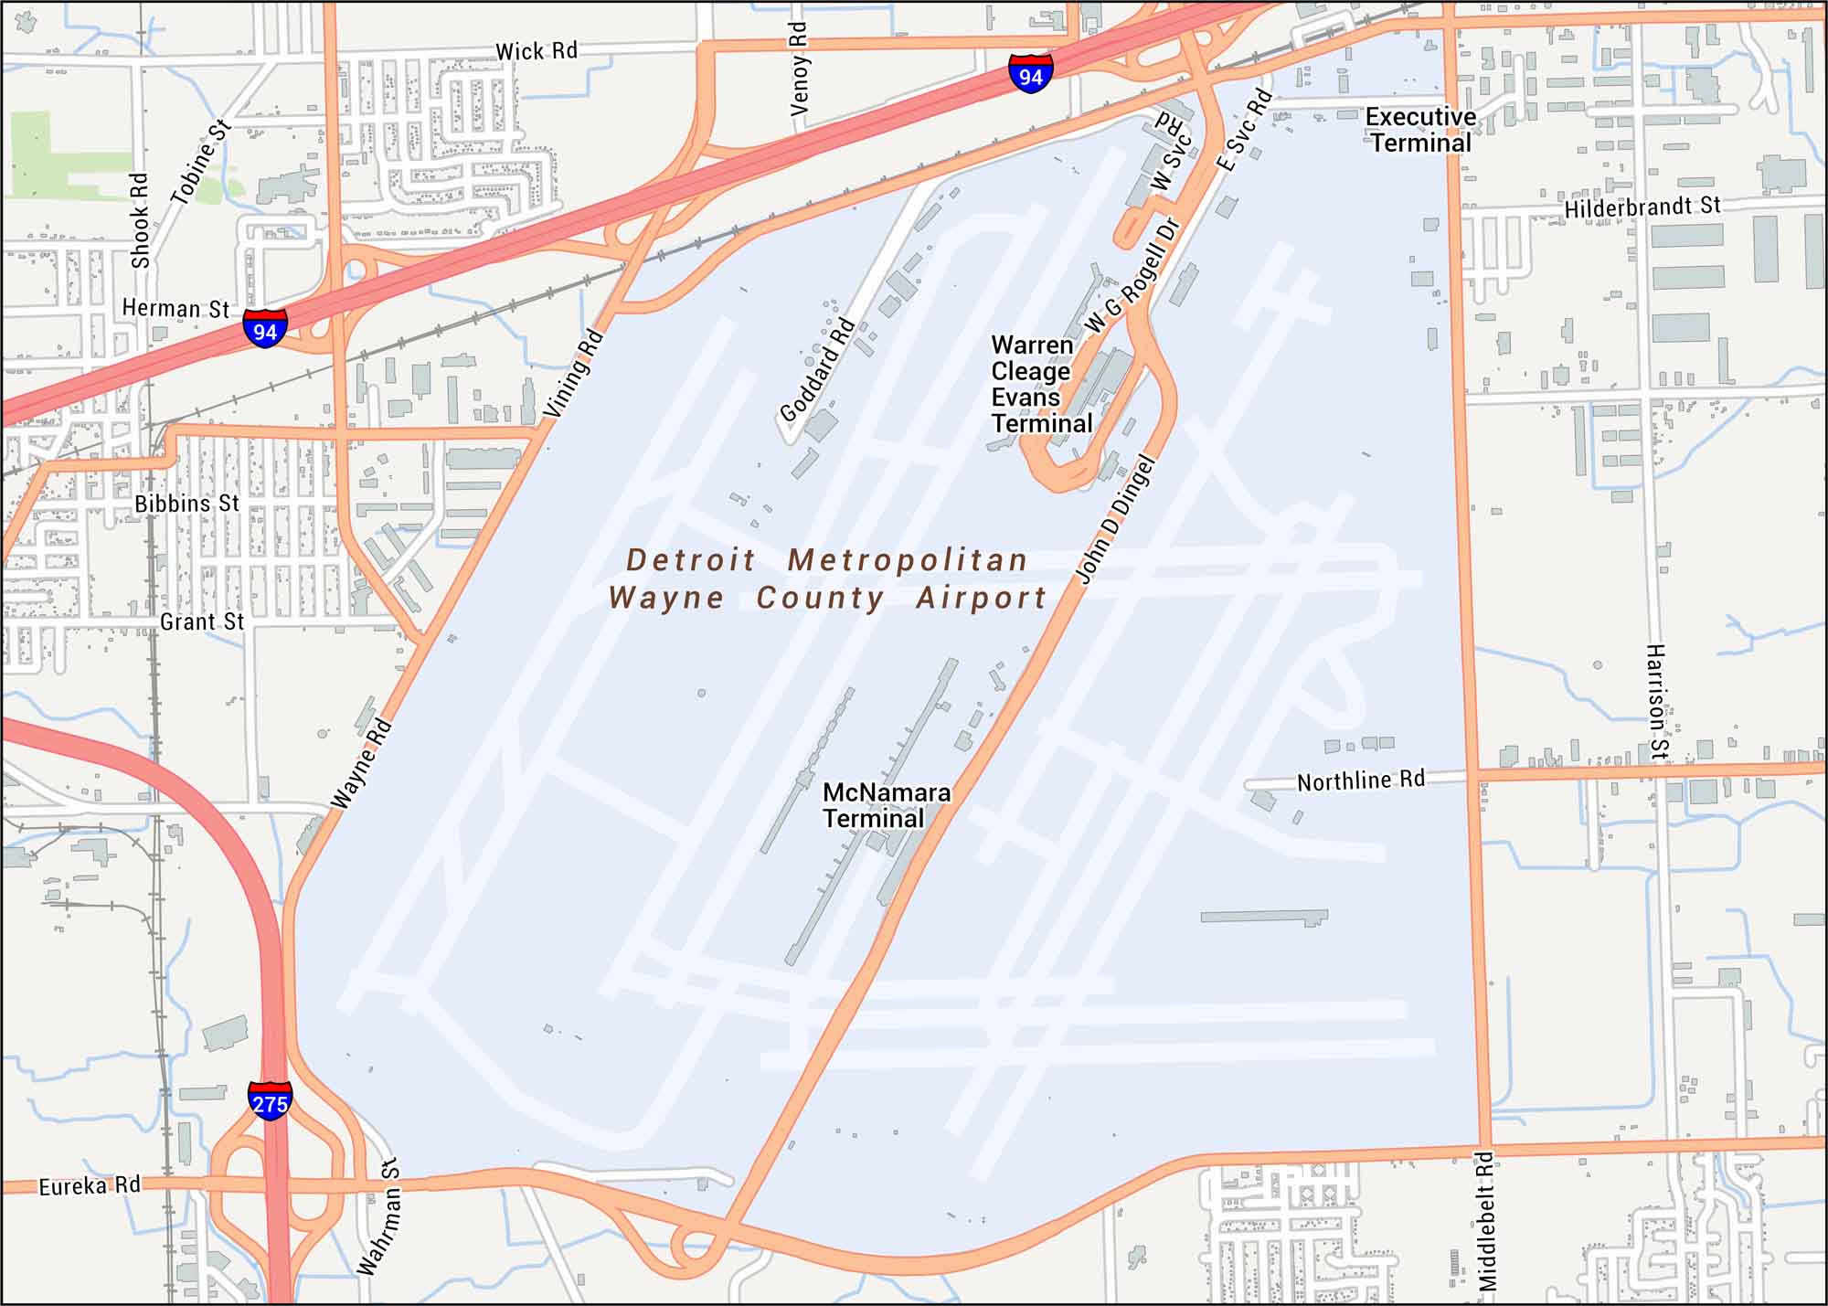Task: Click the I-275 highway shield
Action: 270,1101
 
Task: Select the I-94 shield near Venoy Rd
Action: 1031,74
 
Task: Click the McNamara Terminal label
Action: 886,805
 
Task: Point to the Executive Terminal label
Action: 1420,130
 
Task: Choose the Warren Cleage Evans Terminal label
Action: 1041,385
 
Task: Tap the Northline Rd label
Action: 1360,780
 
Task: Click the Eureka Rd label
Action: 90,1185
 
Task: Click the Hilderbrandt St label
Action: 1642,207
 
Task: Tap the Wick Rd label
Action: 537,51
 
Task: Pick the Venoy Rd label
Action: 799,69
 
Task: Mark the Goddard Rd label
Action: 817,369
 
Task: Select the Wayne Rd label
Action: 362,764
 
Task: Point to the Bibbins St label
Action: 186,504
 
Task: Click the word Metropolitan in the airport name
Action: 908,559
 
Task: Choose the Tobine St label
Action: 200,163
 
